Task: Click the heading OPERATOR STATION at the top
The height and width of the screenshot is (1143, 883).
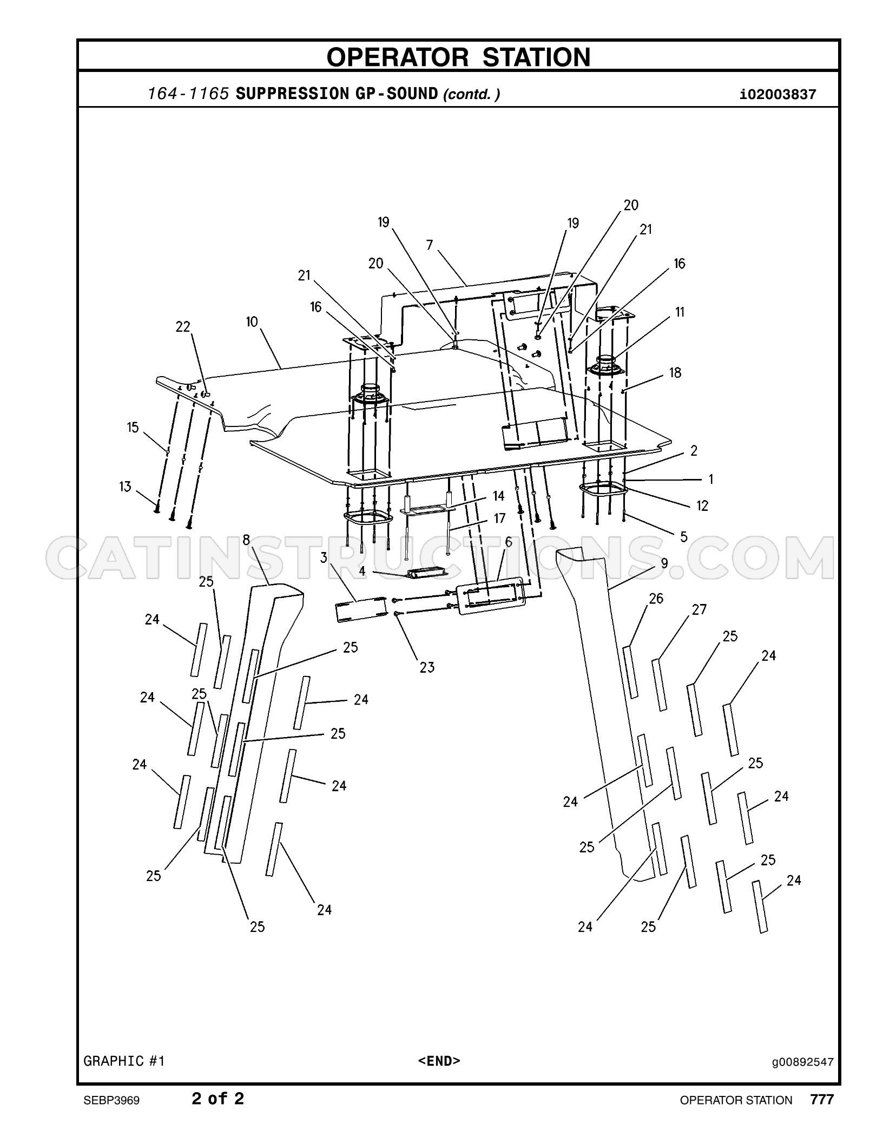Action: pyautogui.click(x=458, y=57)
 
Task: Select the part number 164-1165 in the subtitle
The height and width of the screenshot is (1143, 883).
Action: pyautogui.click(x=189, y=94)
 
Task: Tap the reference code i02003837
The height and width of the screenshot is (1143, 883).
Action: pyautogui.click(x=777, y=95)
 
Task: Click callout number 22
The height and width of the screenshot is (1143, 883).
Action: pyautogui.click(x=183, y=327)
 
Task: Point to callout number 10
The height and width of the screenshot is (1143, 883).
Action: pyautogui.click(x=252, y=322)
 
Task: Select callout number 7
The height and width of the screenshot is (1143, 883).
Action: pyautogui.click(x=430, y=245)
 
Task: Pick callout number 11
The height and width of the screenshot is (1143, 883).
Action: pyautogui.click(x=680, y=312)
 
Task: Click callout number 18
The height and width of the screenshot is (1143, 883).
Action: pyautogui.click(x=675, y=372)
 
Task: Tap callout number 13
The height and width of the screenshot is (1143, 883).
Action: pyautogui.click(x=126, y=487)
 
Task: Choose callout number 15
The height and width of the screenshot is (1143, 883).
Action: pyautogui.click(x=133, y=428)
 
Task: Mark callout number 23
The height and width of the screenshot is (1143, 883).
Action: pyautogui.click(x=427, y=667)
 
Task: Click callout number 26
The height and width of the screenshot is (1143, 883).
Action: pyautogui.click(x=656, y=598)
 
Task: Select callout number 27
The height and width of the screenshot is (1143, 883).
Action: pyautogui.click(x=699, y=609)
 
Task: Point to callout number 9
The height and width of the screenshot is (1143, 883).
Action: pyautogui.click(x=664, y=563)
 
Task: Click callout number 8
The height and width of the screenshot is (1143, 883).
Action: pyautogui.click(x=246, y=540)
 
